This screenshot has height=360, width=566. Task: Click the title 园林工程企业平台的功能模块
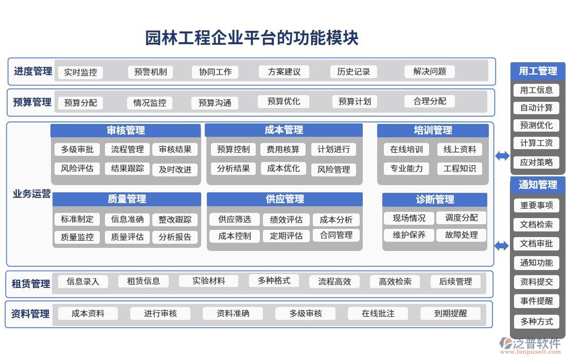[x=252, y=38]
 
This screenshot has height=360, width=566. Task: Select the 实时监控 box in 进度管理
[x=80, y=73]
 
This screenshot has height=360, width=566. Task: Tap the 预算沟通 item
[x=215, y=103]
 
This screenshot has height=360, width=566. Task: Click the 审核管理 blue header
[x=126, y=131]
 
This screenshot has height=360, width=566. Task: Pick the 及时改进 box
[x=175, y=169]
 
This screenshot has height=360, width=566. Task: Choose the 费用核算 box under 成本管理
[x=283, y=150]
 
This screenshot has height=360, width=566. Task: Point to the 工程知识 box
[x=459, y=168]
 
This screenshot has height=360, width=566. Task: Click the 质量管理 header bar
[x=127, y=199]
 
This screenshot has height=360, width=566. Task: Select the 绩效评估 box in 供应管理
[x=286, y=220]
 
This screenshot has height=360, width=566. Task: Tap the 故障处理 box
[x=461, y=235]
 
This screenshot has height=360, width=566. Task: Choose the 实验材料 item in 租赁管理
[x=208, y=281]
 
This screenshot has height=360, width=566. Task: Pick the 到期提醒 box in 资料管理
[x=450, y=313]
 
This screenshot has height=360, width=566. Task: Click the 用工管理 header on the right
[x=538, y=71]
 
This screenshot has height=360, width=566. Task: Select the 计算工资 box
[x=536, y=143]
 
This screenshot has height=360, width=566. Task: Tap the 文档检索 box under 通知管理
[x=536, y=225]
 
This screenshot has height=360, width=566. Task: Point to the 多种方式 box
[x=536, y=321]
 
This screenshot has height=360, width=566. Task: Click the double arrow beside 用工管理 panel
[x=502, y=156]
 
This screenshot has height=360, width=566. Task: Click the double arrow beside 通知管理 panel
[x=502, y=246]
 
